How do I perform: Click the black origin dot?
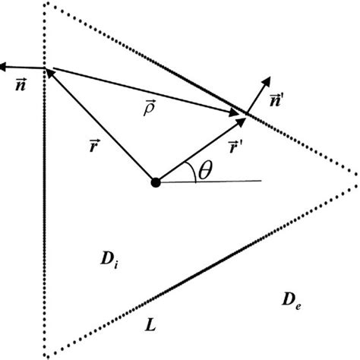click(x=156, y=182)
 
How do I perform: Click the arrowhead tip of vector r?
click(x=51, y=72)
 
